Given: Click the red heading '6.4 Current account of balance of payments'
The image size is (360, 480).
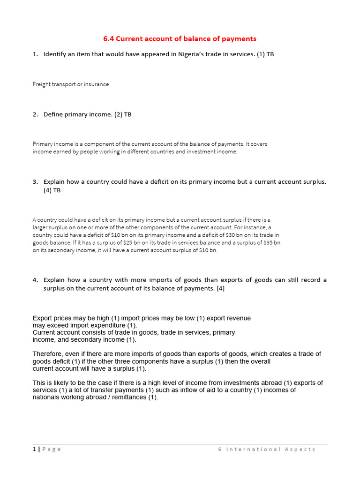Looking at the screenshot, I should pyautogui.click(x=180, y=38).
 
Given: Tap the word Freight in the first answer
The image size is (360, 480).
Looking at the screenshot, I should pyautogui.click(x=42, y=84).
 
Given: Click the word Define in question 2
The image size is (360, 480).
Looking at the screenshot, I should pyautogui.click(x=52, y=114).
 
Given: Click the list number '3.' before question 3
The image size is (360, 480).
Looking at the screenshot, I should pyautogui.click(x=35, y=182).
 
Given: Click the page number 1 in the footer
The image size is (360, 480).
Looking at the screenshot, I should pyautogui.click(x=34, y=449).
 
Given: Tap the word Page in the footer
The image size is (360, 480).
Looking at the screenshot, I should pyautogui.click(x=52, y=449).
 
